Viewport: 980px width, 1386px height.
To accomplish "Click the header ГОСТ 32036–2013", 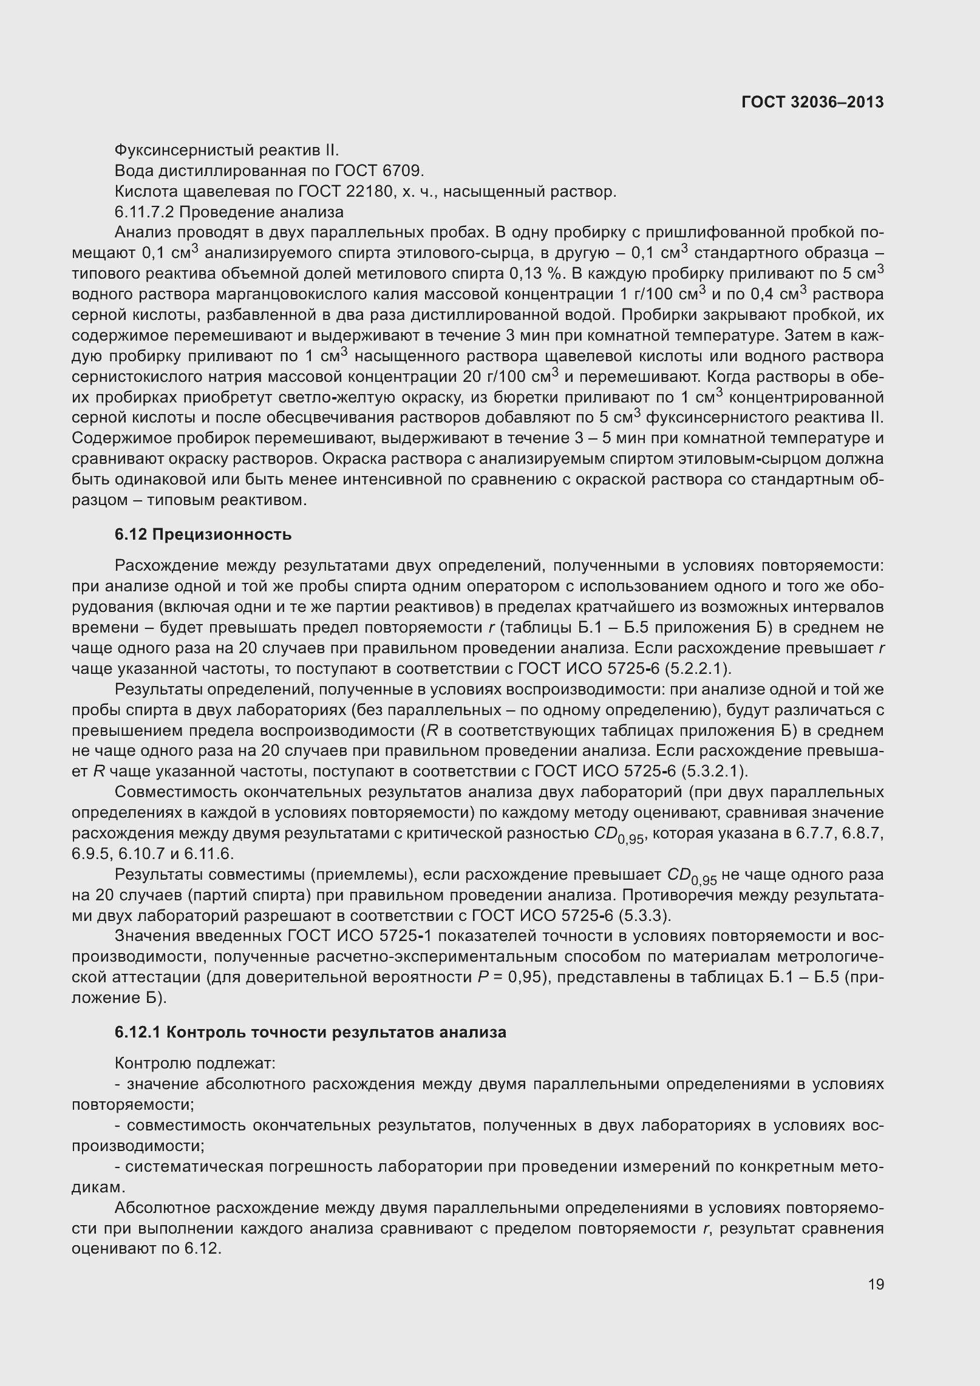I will click(x=812, y=102).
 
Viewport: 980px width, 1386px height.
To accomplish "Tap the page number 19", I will click(x=876, y=1284).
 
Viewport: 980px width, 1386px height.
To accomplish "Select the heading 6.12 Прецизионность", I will click(x=203, y=534).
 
